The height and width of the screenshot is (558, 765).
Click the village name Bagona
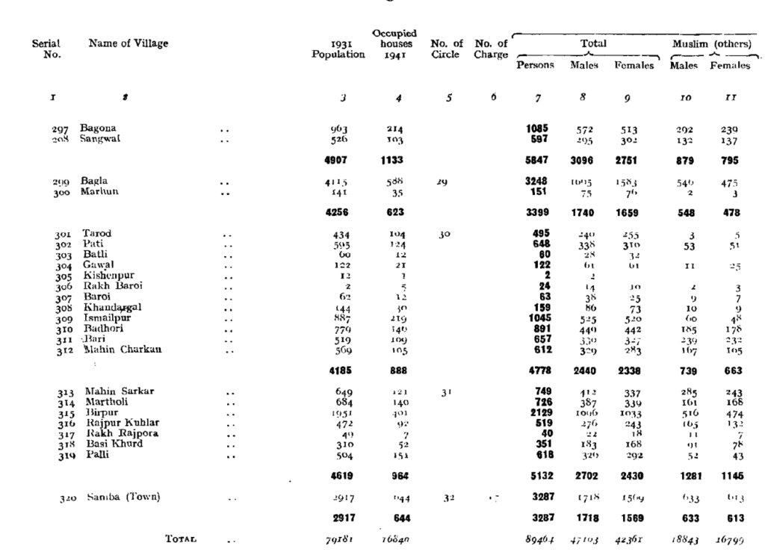click(x=98, y=128)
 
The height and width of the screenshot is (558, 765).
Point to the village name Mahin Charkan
click(x=117, y=349)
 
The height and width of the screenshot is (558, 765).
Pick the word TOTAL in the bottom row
click(x=182, y=538)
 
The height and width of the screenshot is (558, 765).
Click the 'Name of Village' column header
click(x=128, y=43)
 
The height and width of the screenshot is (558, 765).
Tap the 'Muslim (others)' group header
click(x=711, y=43)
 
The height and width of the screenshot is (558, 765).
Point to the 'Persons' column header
click(x=535, y=65)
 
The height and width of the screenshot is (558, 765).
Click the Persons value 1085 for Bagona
click(x=537, y=128)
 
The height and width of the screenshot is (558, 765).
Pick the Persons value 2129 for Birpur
click(x=537, y=412)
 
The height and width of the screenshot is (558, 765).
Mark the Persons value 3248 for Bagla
click(x=537, y=181)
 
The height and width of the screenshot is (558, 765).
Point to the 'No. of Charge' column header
click(x=491, y=49)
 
